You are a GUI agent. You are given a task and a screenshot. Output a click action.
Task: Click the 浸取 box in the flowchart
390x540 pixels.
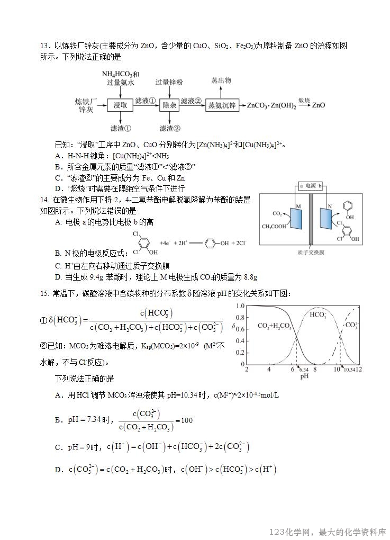click(120, 105)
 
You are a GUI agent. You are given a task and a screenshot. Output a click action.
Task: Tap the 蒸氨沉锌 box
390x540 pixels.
click(222, 105)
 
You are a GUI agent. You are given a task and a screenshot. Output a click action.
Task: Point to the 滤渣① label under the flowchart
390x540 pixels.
click(120, 129)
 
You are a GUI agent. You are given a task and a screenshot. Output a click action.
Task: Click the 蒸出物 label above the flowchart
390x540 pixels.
click(221, 80)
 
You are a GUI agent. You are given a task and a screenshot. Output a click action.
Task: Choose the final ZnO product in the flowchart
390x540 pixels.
click(318, 105)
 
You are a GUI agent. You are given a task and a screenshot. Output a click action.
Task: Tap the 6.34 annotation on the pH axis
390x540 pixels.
click(304, 370)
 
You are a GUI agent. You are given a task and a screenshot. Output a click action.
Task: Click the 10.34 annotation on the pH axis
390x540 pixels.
click(349, 370)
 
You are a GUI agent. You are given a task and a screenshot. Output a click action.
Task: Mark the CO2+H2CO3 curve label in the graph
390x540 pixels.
click(274, 326)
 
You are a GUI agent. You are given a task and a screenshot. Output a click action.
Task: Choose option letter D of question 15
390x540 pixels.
click(58, 470)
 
